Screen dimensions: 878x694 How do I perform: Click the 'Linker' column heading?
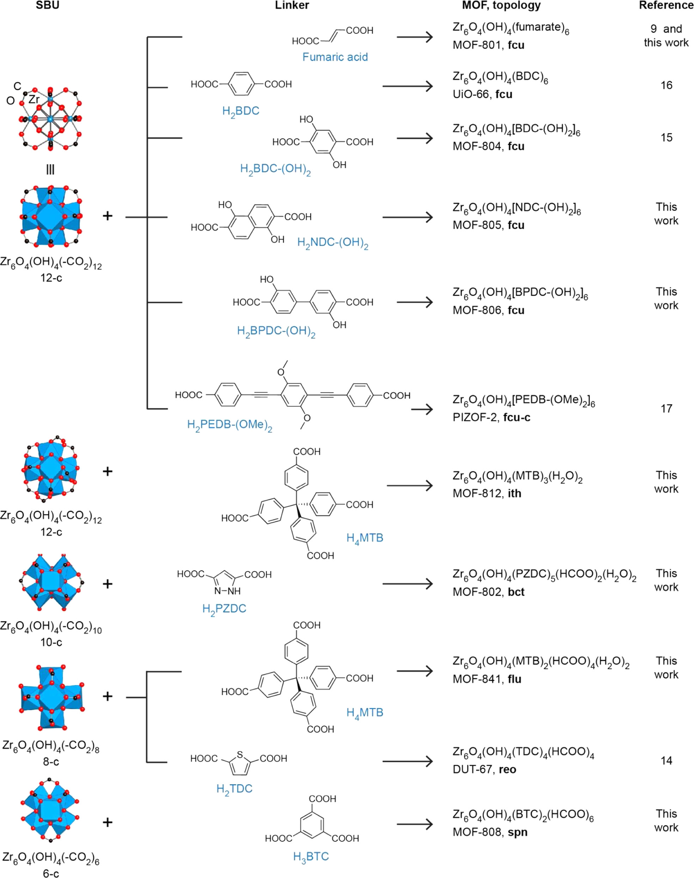coord(292,5)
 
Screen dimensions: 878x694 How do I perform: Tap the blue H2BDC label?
coord(241,111)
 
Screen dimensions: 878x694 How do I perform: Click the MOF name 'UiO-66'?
coord(471,94)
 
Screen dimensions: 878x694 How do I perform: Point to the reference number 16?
coord(666,85)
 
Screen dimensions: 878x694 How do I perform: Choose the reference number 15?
coord(666,138)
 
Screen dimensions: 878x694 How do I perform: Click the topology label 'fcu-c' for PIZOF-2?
coord(516,417)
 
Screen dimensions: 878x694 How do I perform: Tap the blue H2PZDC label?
coord(224,608)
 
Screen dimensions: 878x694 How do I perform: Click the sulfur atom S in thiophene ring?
coord(240,755)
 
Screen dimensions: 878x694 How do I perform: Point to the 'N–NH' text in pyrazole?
coord(227,591)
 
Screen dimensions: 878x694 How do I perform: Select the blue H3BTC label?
coord(311,856)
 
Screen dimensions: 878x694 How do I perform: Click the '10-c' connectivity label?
coord(51,642)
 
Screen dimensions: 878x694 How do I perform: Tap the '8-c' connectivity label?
coord(51,762)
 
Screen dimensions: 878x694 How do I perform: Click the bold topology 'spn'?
coord(517,832)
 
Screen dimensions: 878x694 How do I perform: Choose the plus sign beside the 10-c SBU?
coord(107,584)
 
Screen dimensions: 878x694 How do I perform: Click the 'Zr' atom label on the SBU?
coord(34,99)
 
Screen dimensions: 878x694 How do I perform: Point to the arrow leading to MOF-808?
coord(415,824)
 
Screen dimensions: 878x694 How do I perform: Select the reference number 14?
coord(666,760)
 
